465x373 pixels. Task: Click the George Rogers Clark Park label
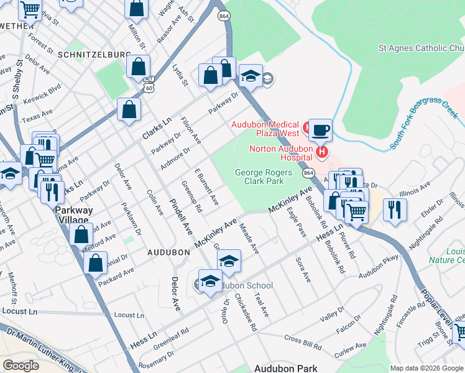259,177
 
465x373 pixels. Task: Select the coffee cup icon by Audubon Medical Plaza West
321,130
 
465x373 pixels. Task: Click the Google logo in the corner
21,365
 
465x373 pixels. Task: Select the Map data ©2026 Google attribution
426,368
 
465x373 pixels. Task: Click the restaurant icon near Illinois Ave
395,209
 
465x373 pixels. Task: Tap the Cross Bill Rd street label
302,339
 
